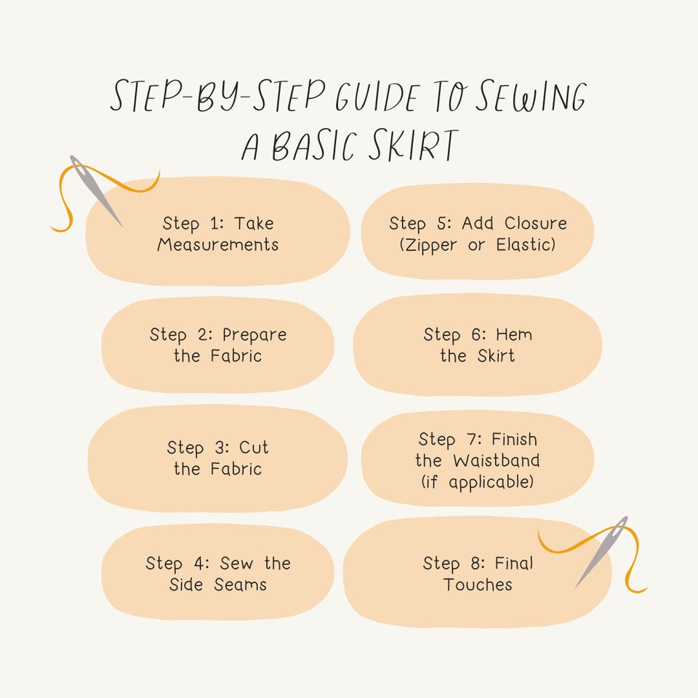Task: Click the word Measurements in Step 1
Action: pos(218,245)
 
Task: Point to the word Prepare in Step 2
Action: pos(254,335)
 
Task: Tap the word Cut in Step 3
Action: pos(254,448)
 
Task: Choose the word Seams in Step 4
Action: pos(240,585)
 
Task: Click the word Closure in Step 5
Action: pos(535,223)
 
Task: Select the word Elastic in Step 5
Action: pos(526,245)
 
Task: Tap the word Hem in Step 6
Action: pos(514,334)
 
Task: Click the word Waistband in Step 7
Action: pos(496,460)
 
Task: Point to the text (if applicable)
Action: pos(478,481)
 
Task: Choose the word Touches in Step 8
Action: pos(478,585)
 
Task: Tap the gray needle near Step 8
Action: pos(602,551)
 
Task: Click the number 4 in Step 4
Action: pos(200,563)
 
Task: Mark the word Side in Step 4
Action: pos(186,585)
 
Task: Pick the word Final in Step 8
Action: pos(514,563)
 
